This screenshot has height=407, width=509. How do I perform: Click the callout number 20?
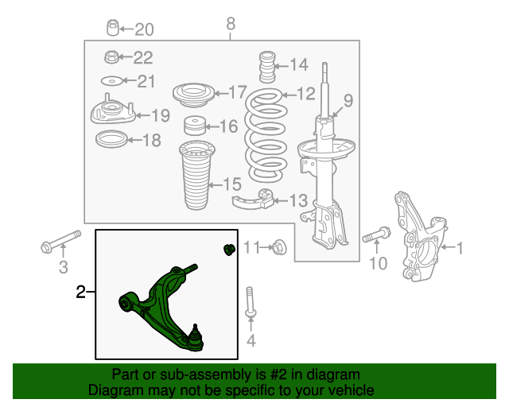(x=144, y=29)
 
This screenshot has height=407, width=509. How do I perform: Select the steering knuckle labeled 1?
(x=420, y=236)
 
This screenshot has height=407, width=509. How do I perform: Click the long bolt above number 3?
(x=61, y=242)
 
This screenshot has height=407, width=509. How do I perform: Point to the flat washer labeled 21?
(x=111, y=81)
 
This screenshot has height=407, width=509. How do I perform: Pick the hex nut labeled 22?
(x=111, y=56)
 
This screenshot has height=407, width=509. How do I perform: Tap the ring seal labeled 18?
(x=111, y=139)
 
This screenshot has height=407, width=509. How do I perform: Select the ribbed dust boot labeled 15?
(x=196, y=175)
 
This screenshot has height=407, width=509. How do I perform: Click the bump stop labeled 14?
(x=267, y=67)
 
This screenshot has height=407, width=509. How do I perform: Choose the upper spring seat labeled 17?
(x=193, y=95)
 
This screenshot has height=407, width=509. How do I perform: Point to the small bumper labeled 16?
(x=195, y=126)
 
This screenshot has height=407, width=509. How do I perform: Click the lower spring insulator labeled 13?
(x=254, y=200)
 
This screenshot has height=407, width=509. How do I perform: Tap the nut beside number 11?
(x=278, y=248)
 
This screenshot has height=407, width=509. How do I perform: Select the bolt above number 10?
(x=376, y=235)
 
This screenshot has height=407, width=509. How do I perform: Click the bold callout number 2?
(x=80, y=292)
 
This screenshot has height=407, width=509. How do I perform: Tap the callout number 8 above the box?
(x=231, y=24)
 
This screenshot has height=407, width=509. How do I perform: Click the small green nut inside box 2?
(x=230, y=250)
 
